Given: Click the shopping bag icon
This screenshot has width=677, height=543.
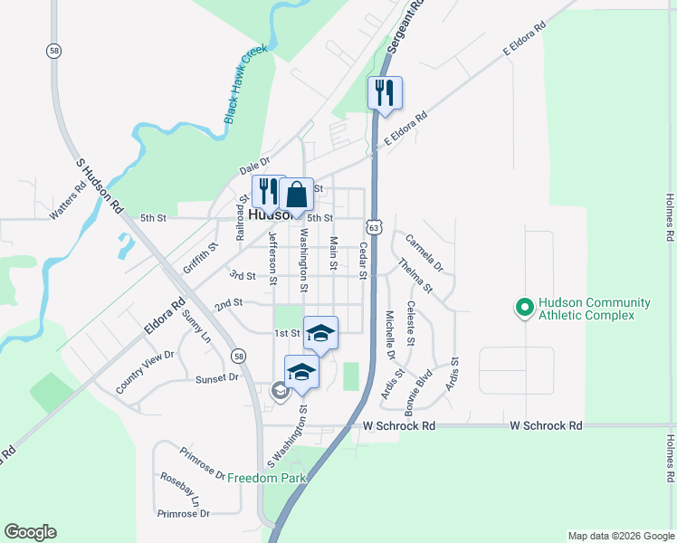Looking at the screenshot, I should (x=296, y=195).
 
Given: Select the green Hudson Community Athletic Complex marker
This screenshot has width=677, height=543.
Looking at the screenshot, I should (x=522, y=309).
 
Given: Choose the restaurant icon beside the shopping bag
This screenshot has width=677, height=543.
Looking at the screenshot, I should (x=268, y=192).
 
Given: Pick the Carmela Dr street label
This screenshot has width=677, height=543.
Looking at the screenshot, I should (x=424, y=253).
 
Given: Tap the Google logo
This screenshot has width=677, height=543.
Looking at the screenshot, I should (x=30, y=532).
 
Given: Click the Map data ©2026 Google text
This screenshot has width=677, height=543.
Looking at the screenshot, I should (x=620, y=536).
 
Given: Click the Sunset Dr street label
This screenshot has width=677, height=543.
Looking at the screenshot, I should (x=216, y=378).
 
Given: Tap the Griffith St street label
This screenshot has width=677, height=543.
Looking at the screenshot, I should (x=201, y=257).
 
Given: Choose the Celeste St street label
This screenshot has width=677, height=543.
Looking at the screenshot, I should (x=410, y=323).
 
